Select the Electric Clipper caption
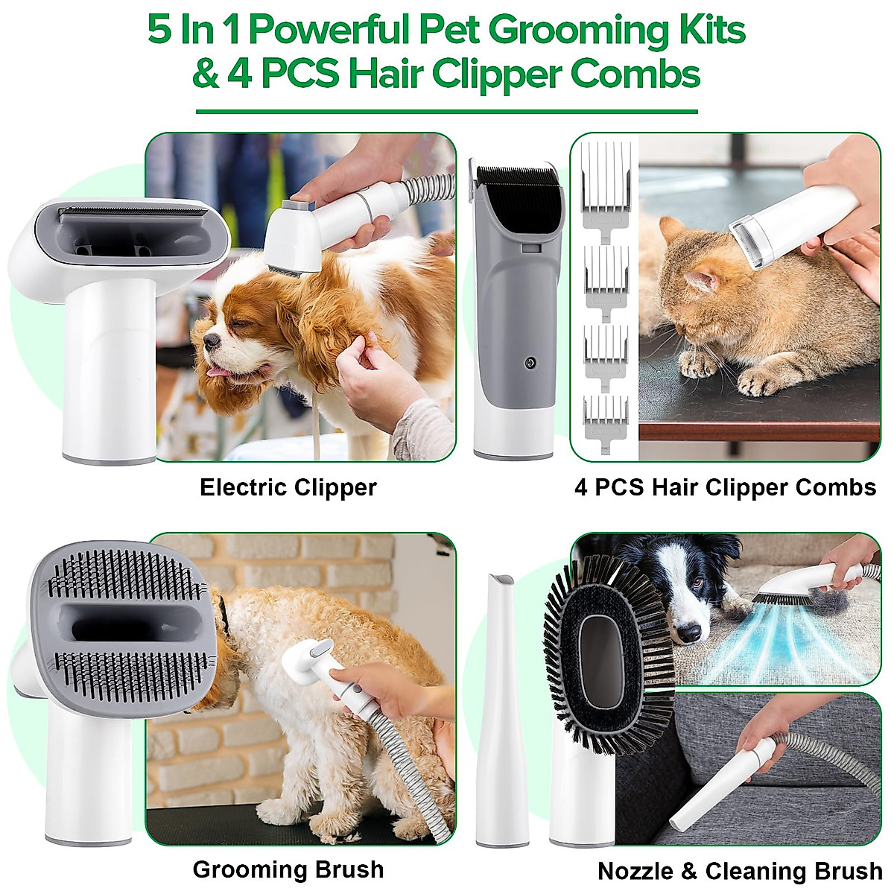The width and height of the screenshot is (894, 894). pos(288,487)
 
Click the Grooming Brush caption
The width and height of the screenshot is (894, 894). pos(288,869)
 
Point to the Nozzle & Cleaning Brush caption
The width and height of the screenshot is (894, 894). pos(739,871)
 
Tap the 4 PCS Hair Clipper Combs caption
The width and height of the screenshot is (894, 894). pos(725,487)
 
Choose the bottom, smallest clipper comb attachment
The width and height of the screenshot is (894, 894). pos(606,417)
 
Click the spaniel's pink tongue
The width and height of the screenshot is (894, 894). pos(217,370)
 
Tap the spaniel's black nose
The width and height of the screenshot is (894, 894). pos(212,340)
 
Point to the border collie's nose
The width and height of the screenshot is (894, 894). pos(691,633)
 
